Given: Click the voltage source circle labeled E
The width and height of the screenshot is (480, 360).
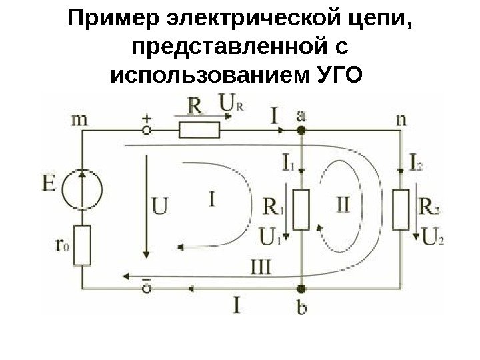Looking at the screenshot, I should (83, 187).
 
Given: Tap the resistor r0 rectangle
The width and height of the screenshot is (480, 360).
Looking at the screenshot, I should (83, 245).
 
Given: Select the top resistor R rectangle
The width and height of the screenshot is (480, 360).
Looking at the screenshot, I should (199, 129).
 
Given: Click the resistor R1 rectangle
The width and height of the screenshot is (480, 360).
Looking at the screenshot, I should (301, 209).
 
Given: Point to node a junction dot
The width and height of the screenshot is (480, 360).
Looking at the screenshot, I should (301, 131).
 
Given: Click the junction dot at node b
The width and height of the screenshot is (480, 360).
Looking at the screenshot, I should (301, 289).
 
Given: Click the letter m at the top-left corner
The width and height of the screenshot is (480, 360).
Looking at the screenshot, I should (79, 119).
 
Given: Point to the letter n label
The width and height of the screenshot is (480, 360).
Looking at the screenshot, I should (401, 119).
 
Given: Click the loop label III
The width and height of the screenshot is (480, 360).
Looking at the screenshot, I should (260, 267).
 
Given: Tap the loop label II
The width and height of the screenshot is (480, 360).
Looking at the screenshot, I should (340, 203).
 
